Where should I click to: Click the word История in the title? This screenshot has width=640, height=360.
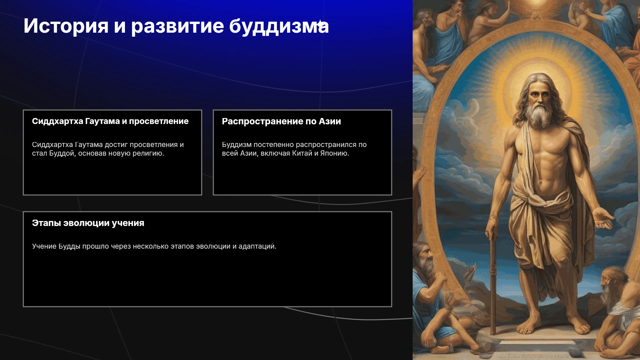(66, 26)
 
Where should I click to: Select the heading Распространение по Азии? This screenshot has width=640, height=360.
(281, 121)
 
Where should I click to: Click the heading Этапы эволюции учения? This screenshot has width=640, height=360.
(88, 223)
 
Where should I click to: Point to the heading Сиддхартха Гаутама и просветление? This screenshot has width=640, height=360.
(110, 121)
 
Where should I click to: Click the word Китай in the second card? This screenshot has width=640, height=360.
(302, 153)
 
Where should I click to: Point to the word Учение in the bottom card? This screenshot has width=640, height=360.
(44, 246)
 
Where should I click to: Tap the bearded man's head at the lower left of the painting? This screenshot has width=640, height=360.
(424, 258)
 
